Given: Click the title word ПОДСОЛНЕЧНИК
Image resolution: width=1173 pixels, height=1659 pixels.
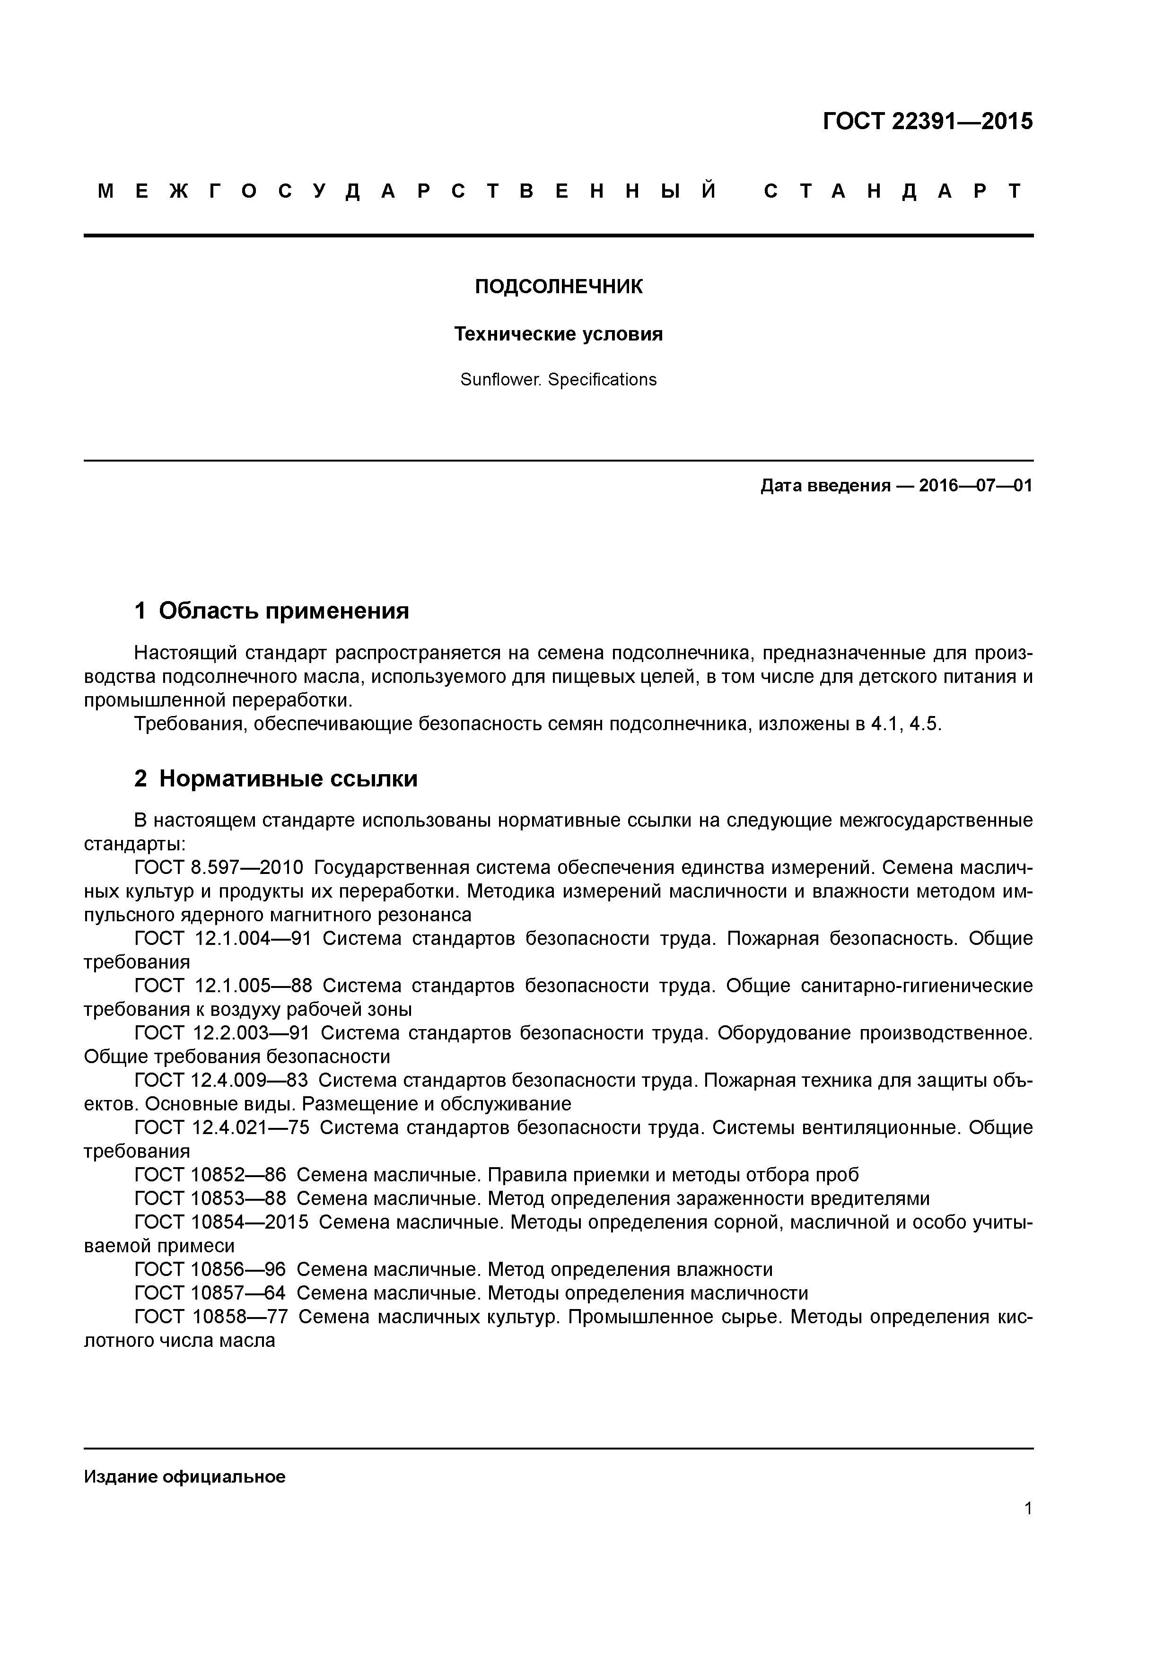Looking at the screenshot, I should coord(558,287).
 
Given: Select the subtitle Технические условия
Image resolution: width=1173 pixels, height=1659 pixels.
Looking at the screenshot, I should coord(558,334).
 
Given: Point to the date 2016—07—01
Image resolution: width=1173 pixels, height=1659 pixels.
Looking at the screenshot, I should coord(976,486).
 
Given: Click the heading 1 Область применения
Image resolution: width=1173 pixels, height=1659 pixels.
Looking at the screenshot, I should coord(272,611).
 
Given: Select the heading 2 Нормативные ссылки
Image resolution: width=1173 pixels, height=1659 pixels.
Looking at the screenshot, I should coord(276,779).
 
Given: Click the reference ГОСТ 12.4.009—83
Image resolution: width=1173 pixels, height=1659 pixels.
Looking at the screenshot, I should coord(221,1081).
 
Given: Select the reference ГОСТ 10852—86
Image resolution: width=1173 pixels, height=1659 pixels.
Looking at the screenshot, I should coord(210,1176).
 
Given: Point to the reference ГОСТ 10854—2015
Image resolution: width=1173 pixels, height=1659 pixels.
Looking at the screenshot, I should coord(221,1222).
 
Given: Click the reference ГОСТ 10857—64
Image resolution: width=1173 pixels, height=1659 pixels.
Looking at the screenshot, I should coord(210,1293).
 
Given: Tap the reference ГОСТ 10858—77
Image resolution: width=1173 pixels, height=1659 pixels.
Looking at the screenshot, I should coord(211,1317).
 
